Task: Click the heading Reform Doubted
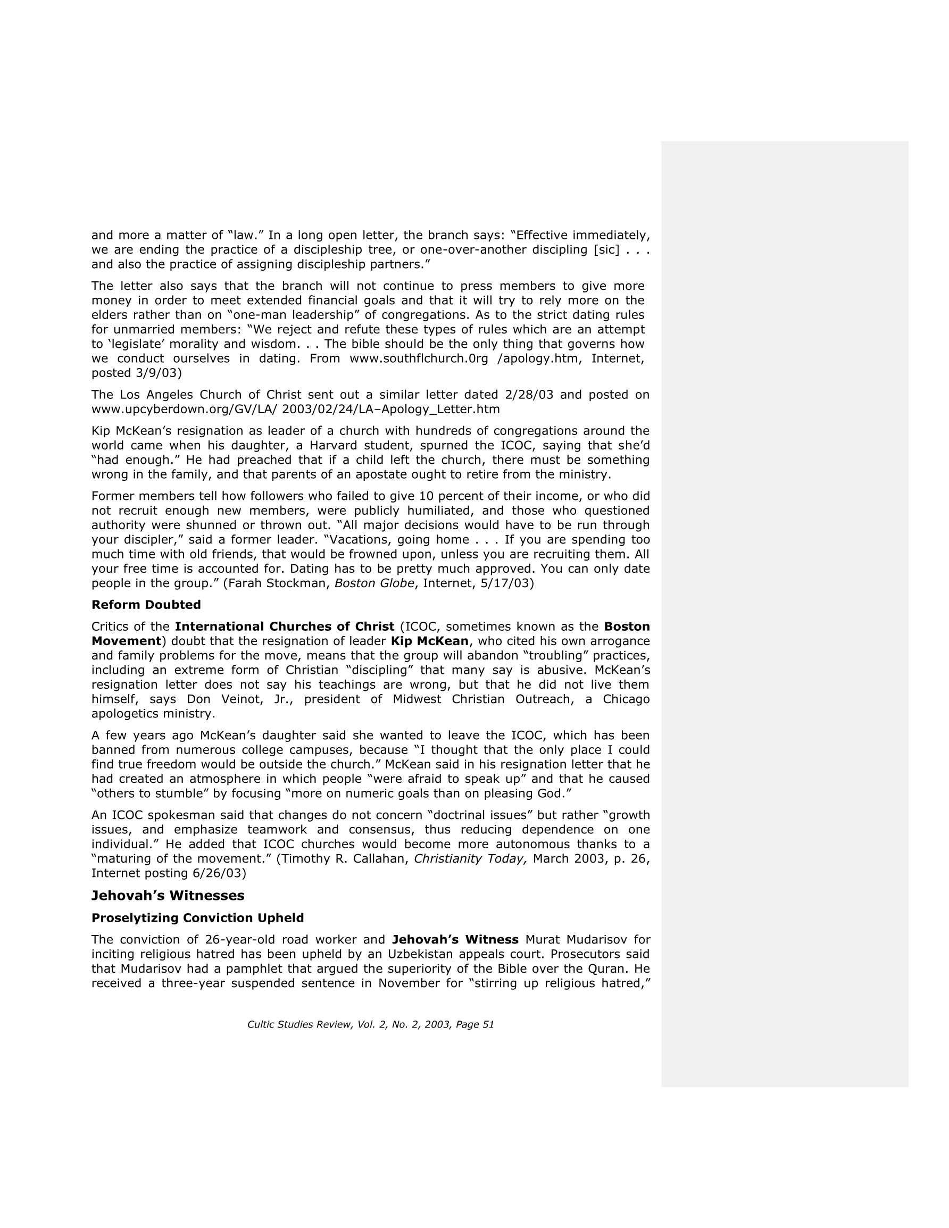146,605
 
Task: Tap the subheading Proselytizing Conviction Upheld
197,917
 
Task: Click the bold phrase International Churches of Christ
285,626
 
